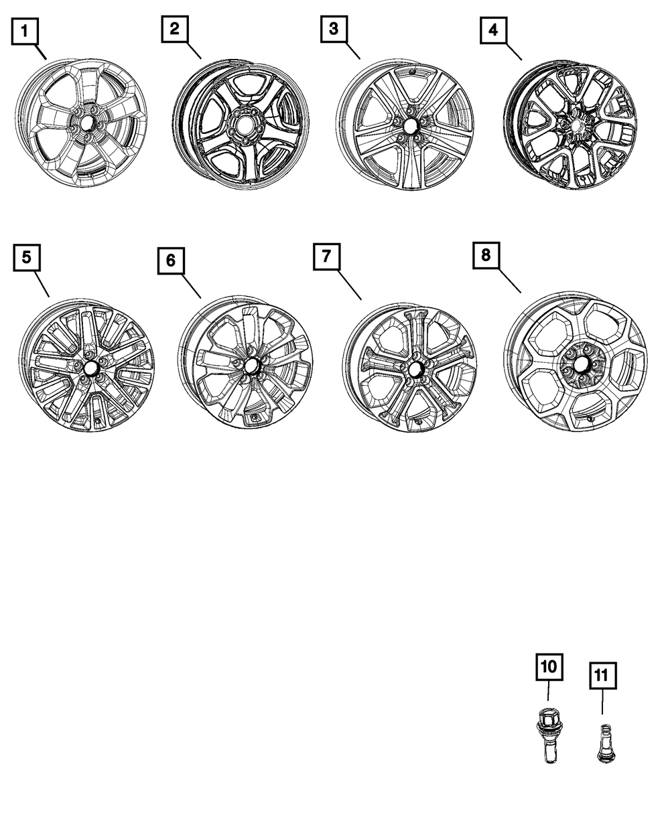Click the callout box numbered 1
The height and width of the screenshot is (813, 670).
coord(25,30)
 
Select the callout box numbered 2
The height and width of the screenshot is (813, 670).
coord(174,29)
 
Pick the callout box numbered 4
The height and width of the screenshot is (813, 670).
coord(493,30)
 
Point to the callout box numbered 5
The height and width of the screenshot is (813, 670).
coord(25,257)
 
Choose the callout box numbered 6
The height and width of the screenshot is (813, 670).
coord(171,261)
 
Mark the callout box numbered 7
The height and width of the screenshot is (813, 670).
coord(326,257)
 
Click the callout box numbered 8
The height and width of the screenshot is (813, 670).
coord(486,255)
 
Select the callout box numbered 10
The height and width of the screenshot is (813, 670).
coord(548,666)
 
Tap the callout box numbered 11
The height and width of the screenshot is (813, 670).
coord(602,676)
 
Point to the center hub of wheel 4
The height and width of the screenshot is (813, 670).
coord(574,125)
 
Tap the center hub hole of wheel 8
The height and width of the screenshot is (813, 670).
coord(580,365)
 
